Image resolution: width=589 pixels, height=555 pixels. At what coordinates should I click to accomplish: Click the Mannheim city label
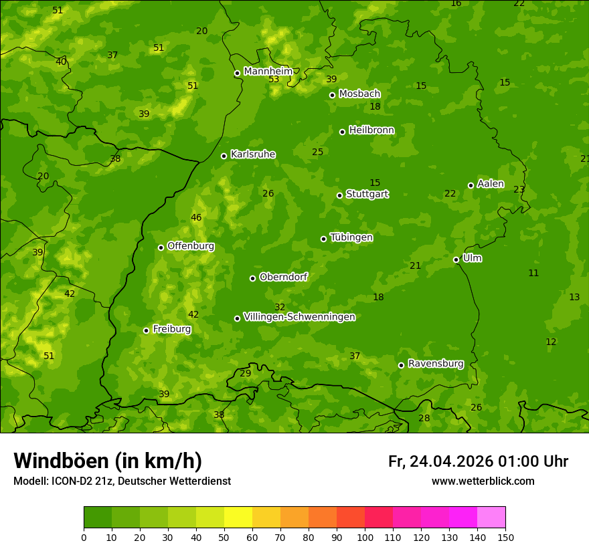tap(268, 72)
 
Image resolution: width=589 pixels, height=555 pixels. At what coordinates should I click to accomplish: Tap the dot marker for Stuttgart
tap(339, 195)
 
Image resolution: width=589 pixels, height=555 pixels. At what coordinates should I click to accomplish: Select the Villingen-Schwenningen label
tap(299, 317)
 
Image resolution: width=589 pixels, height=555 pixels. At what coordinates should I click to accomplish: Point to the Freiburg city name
tap(171, 329)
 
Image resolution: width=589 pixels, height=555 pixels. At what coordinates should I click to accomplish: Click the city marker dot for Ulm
tap(456, 259)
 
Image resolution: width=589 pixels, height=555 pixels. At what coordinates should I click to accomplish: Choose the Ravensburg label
tap(435, 364)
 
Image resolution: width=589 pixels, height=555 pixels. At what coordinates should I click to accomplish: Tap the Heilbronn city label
tap(371, 130)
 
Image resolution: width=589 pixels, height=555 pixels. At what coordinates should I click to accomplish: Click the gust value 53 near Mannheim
tap(274, 80)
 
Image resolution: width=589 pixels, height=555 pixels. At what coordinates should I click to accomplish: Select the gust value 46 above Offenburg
tap(196, 218)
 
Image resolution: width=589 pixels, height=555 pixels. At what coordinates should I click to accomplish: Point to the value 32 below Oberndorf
tap(280, 307)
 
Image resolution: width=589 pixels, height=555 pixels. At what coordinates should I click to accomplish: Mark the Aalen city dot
tap(471, 185)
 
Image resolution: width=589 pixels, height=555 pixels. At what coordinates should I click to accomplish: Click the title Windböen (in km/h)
tap(108, 461)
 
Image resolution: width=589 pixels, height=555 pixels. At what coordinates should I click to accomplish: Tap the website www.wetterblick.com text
tap(483, 481)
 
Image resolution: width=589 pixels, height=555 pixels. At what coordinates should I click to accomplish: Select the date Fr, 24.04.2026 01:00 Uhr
tap(478, 461)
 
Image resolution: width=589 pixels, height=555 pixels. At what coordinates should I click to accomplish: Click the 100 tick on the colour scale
tap(365, 537)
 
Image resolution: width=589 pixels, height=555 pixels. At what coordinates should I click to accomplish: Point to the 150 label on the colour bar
tap(505, 537)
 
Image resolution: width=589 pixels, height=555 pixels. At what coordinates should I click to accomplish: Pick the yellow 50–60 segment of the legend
tap(238, 518)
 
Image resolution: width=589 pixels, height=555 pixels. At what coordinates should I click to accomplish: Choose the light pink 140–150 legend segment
tap(491, 518)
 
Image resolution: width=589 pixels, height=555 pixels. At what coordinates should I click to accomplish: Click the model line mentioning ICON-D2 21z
tap(122, 481)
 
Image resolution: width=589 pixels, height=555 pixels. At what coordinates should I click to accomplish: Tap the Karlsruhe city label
tap(252, 154)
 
